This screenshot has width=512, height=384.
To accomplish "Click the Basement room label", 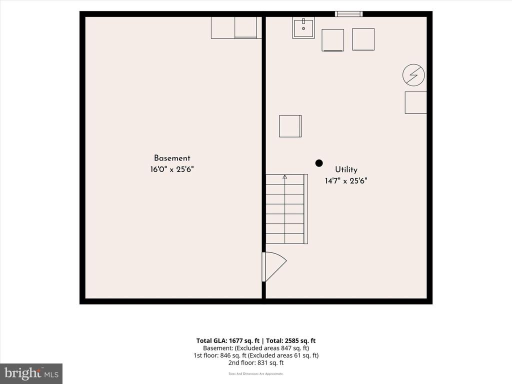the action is click(x=172, y=158).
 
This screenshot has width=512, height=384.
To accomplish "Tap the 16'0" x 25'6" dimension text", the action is click(x=172, y=169).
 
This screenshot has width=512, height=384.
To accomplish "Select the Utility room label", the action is click(x=346, y=169).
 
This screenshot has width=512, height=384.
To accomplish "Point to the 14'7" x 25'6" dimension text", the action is click(x=346, y=180).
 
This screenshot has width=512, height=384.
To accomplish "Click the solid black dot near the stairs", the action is click(x=319, y=163).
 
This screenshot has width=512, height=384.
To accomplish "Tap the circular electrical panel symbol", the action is click(x=413, y=75).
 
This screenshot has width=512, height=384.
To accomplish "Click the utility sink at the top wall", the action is click(x=303, y=28).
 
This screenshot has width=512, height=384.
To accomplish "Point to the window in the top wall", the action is click(x=348, y=13).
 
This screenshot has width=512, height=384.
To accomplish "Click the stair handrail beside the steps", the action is click(x=306, y=209).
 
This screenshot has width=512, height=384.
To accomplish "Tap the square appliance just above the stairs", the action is click(x=290, y=126).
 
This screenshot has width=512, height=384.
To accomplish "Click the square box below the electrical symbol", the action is click(x=415, y=102).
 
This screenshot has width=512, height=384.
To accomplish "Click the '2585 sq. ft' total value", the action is click(x=299, y=341).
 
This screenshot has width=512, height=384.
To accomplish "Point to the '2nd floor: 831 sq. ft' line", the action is click(x=256, y=363).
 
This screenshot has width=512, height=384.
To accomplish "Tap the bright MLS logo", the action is click(x=31, y=373).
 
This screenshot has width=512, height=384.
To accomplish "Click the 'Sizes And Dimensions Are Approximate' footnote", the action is click(x=256, y=374).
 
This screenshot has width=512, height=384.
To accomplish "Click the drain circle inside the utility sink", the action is click(x=303, y=28).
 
